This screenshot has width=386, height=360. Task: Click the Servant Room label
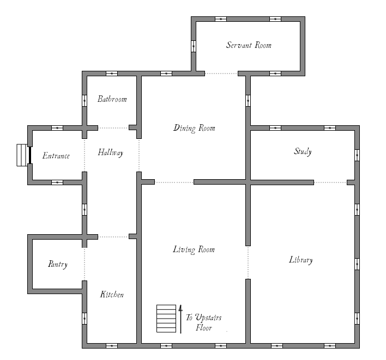pos(249,45)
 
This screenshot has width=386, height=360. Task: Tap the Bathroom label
pos(112,99)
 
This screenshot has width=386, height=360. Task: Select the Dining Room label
pos(194,128)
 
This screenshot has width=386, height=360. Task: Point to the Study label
pos(303,151)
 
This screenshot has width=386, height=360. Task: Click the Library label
pos(301,260)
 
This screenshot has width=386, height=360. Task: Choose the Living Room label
pos(194,249)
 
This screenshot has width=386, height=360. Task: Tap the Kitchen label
pos(112,294)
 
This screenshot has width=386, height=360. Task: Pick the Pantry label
pos(58,264)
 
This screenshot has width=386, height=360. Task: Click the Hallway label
pos(111,152)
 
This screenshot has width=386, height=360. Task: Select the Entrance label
pos(56,156)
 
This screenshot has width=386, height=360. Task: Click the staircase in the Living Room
pos(166,319)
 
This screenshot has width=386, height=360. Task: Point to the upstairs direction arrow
pos(180,319)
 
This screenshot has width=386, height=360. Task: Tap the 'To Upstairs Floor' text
pos(204,322)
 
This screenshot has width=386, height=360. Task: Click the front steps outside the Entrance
pos(22,155)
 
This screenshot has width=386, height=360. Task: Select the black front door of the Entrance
pos(30,155)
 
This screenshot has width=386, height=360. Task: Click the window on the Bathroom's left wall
pos(85,101)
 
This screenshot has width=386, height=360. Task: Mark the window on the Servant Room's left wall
pos(194,46)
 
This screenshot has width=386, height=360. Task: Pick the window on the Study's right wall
pos(357,155)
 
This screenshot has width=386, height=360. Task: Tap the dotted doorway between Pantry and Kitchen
pos(85,264)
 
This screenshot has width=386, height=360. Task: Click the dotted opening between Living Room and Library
pos(248,263)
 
